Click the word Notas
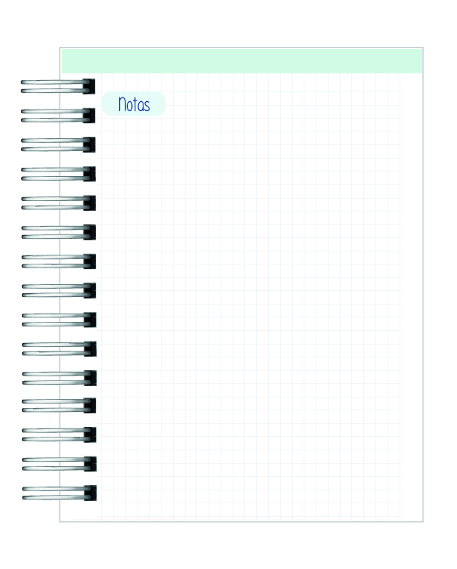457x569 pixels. click(134, 104)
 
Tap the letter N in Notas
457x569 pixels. click(122, 104)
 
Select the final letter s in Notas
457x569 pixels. click(146, 105)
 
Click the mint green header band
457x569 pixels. click(242, 60)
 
